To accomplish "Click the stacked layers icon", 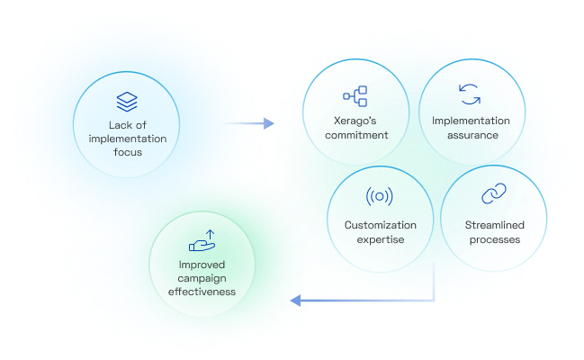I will pyautogui.click(x=126, y=100).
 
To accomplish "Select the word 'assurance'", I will pyautogui.click(x=470, y=136).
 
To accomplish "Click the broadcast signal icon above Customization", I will pyautogui.click(x=381, y=195).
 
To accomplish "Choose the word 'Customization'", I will pyautogui.click(x=381, y=224).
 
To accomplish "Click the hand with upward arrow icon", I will pyautogui.click(x=202, y=240).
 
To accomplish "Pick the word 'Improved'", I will pyautogui.click(x=202, y=265).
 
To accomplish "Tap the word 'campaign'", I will pyautogui.click(x=202, y=279).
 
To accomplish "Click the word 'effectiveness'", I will pyautogui.click(x=202, y=292).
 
